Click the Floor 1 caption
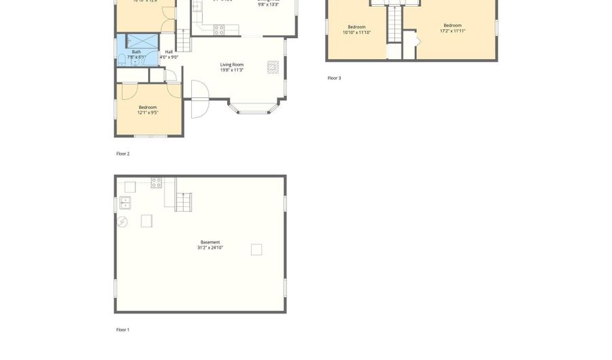122,330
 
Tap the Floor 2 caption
122,154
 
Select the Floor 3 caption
334,78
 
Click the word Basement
210,242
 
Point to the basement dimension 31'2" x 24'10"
210,248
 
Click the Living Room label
232,65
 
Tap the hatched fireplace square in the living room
273,66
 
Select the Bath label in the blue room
137,52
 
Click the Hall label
169,52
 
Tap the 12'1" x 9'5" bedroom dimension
148,113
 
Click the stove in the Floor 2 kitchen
219,30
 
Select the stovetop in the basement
156,183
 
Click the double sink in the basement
126,202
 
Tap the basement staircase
183,202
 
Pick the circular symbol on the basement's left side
122,222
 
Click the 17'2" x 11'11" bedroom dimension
452,31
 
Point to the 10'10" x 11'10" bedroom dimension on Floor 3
356,33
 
